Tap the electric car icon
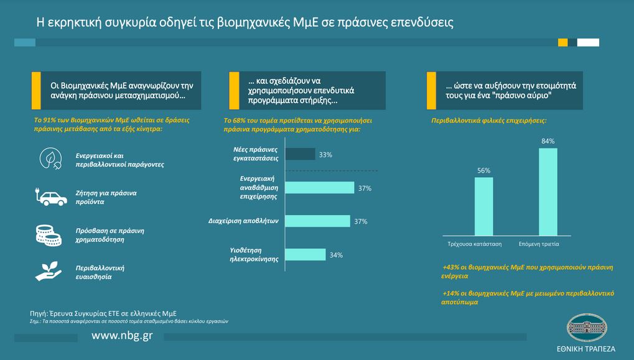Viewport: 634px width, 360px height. (x=51, y=198)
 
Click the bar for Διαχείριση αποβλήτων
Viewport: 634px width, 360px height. (x=317, y=221)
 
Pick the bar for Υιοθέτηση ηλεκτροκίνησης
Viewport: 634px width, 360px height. (x=305, y=254)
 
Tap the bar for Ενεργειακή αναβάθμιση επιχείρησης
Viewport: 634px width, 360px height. (x=319, y=188)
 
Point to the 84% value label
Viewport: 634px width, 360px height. (x=548, y=141)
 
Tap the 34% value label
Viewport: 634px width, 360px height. (x=337, y=255)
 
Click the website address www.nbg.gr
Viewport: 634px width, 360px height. (x=122, y=336)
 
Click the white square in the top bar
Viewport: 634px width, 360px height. (x=588, y=42)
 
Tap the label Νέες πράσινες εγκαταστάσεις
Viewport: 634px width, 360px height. (x=253, y=154)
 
